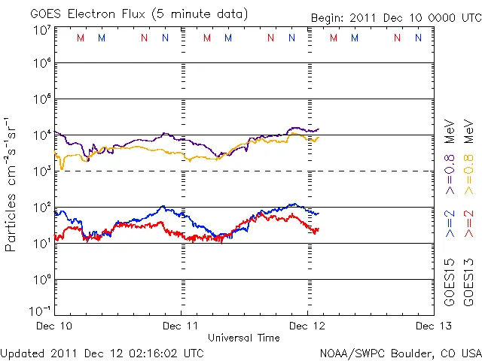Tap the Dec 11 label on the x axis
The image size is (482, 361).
click(x=182, y=326)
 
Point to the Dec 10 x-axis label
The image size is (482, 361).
click(x=56, y=326)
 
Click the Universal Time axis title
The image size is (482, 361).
click(x=244, y=338)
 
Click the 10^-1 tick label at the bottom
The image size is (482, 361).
click(x=41, y=310)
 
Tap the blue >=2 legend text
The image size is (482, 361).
click(x=450, y=223)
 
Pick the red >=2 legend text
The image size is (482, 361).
click(x=468, y=223)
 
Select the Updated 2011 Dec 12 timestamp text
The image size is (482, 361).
click(x=102, y=352)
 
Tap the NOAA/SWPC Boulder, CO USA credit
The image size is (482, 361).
click(x=400, y=352)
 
